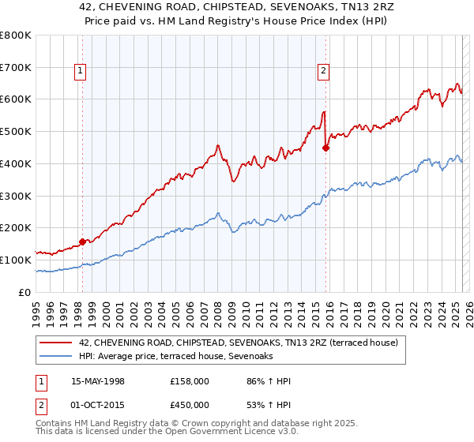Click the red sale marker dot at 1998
82,242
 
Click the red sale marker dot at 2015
325,147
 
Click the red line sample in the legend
56,342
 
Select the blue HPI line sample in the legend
56,357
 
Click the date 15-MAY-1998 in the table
98,381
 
